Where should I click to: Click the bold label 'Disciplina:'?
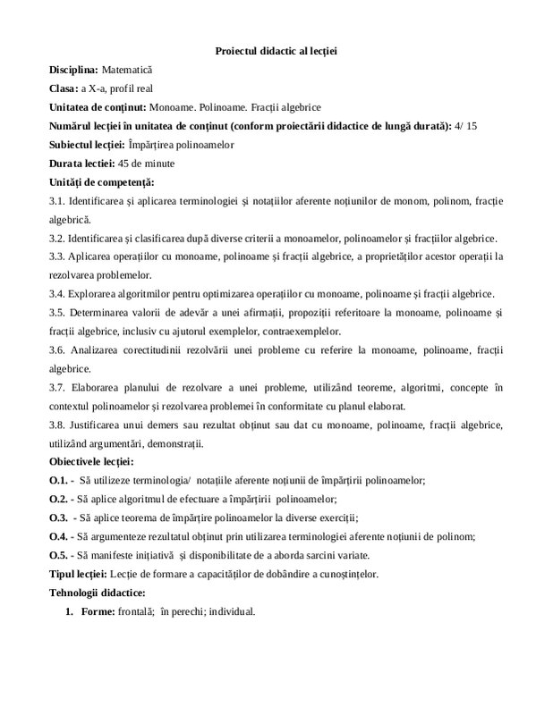(x=74, y=68)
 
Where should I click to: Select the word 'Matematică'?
(x=129, y=68)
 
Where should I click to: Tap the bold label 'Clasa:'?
(x=64, y=88)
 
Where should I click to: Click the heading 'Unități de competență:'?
(x=97, y=182)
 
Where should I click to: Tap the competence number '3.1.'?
(x=58, y=202)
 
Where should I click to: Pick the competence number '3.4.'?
(x=58, y=295)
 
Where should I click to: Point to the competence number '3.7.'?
(x=58, y=388)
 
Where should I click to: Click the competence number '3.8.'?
(x=58, y=425)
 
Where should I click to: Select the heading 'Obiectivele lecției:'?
(x=92, y=462)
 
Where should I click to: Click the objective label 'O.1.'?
(x=59, y=481)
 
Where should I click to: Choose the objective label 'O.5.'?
(x=59, y=555)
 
